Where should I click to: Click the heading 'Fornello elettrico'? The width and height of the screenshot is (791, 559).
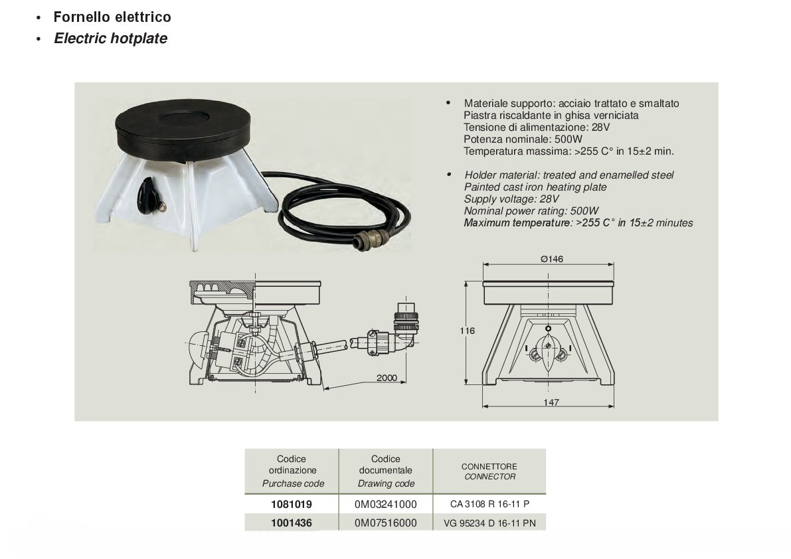tap(112, 17)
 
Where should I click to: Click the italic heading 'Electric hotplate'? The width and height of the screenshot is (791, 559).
tap(110, 39)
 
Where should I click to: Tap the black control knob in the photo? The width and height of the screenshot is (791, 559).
tap(147, 196)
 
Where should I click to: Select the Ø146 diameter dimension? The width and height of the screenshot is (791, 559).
tap(552, 259)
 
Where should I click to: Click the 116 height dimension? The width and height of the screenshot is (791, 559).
tap(467, 331)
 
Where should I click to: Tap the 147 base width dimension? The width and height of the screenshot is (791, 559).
tap(551, 402)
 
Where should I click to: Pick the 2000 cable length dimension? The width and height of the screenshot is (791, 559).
tap(387, 378)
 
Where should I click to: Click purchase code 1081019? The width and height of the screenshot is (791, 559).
tap(292, 504)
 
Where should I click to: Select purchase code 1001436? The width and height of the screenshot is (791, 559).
tap(292, 522)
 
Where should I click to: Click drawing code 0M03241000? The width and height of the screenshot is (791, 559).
tap(385, 504)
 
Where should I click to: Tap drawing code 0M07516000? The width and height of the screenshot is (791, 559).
tap(385, 522)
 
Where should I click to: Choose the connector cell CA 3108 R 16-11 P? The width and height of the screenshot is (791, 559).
tap(490, 504)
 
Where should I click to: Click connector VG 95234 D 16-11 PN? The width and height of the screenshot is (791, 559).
tap(490, 523)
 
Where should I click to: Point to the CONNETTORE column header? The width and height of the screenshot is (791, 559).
tap(489, 467)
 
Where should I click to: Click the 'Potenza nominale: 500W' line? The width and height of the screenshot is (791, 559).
tap(523, 139)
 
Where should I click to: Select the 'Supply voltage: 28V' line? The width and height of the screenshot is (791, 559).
tap(511, 199)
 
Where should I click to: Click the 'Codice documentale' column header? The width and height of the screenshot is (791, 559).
tap(386, 464)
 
